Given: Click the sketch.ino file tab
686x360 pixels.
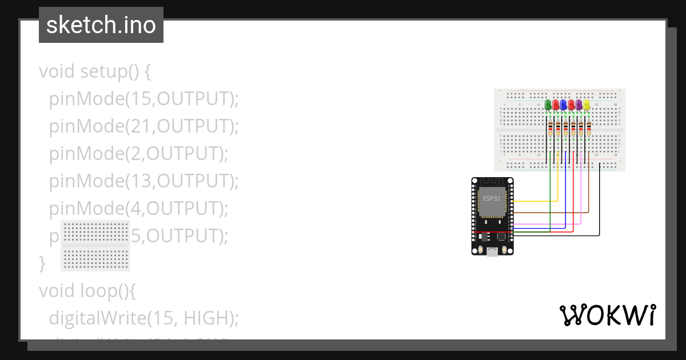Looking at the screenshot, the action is point(101,25).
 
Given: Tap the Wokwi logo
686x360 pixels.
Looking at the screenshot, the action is point(607,315).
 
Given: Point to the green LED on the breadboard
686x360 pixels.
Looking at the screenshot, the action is point(548,105).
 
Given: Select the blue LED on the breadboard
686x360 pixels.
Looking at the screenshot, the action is point(564,105).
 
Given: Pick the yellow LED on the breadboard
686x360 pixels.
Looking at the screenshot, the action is point(587,105).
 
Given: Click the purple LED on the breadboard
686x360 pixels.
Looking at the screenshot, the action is point(579,105).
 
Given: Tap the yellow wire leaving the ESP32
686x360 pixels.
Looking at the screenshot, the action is point(535,201).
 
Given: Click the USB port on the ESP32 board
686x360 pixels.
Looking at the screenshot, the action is point(492,251).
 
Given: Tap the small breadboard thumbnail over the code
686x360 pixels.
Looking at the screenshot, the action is point(95,246).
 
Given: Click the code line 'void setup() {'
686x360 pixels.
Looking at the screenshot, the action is point(95,72).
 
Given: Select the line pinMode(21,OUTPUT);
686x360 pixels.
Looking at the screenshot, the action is point(143,126).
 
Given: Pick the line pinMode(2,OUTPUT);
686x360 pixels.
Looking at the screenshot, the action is point(138,154).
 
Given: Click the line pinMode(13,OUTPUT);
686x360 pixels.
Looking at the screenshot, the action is point(143,181).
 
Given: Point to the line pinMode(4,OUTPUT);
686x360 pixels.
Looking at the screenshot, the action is point(138,209).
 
